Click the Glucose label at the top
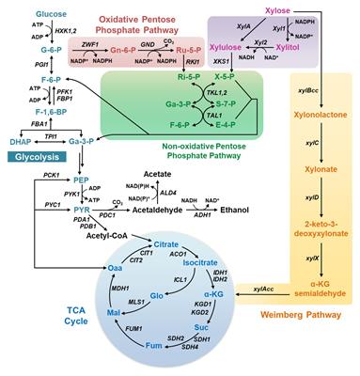(26, 14)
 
